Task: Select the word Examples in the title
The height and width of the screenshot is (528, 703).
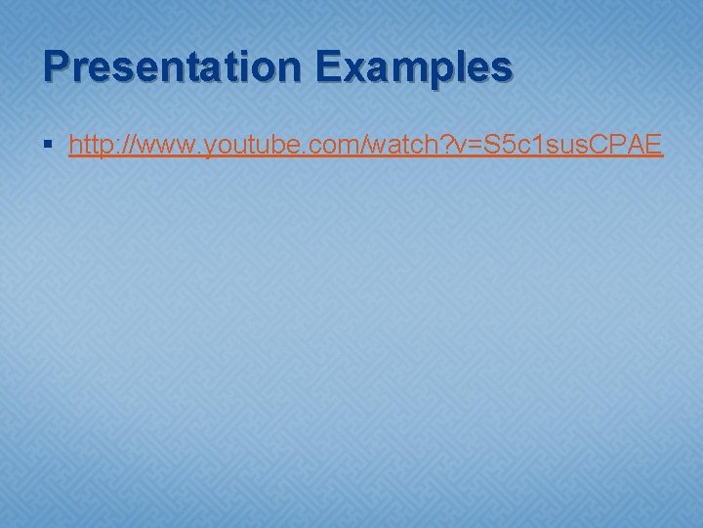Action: (x=413, y=67)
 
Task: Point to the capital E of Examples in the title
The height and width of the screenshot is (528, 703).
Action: (x=329, y=67)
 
